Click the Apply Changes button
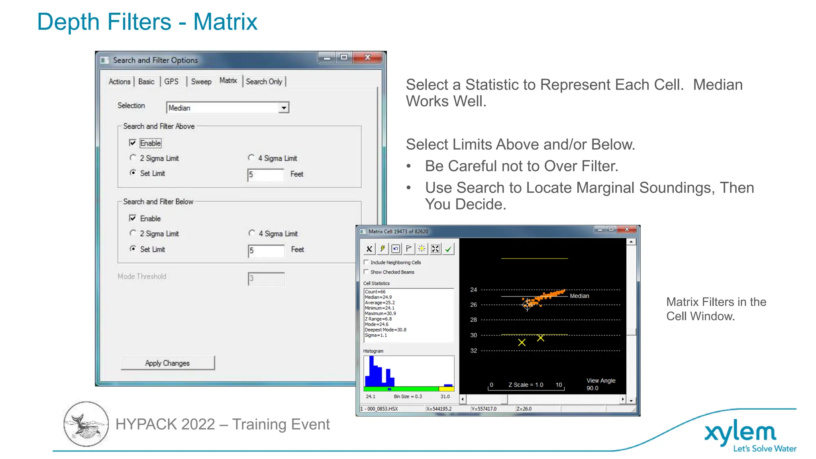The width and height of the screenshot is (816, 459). pyautogui.click(x=167, y=363)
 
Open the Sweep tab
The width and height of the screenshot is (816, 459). pyautogui.click(x=201, y=82)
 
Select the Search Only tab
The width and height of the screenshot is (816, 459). pyautogui.click(x=264, y=82)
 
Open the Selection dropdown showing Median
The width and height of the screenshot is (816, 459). pyautogui.click(x=283, y=108)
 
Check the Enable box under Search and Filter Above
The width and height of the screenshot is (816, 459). pyautogui.click(x=133, y=143)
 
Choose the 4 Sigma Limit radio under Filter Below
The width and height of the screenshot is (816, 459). pyautogui.click(x=252, y=233)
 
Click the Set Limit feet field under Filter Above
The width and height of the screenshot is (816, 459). pyautogui.click(x=265, y=175)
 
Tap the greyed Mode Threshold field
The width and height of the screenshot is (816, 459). pyautogui.click(x=266, y=279)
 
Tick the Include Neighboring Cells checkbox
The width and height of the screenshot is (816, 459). pyautogui.click(x=366, y=262)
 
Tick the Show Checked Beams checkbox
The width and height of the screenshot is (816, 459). pyautogui.click(x=366, y=272)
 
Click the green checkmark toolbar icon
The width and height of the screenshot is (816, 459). pyautogui.click(x=448, y=249)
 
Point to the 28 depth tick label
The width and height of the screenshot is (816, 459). pyautogui.click(x=473, y=320)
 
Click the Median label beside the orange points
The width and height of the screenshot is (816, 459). pyautogui.click(x=579, y=296)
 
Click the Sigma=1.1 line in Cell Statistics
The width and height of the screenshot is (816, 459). pyautogui.click(x=376, y=335)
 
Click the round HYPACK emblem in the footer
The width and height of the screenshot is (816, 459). pyautogui.click(x=86, y=424)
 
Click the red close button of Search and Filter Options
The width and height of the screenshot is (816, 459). pyautogui.click(x=368, y=58)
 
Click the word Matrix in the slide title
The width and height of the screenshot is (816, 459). pyautogui.click(x=225, y=22)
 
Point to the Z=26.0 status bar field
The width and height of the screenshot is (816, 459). pyautogui.click(x=524, y=409)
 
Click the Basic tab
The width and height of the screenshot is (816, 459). pyautogui.click(x=146, y=82)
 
